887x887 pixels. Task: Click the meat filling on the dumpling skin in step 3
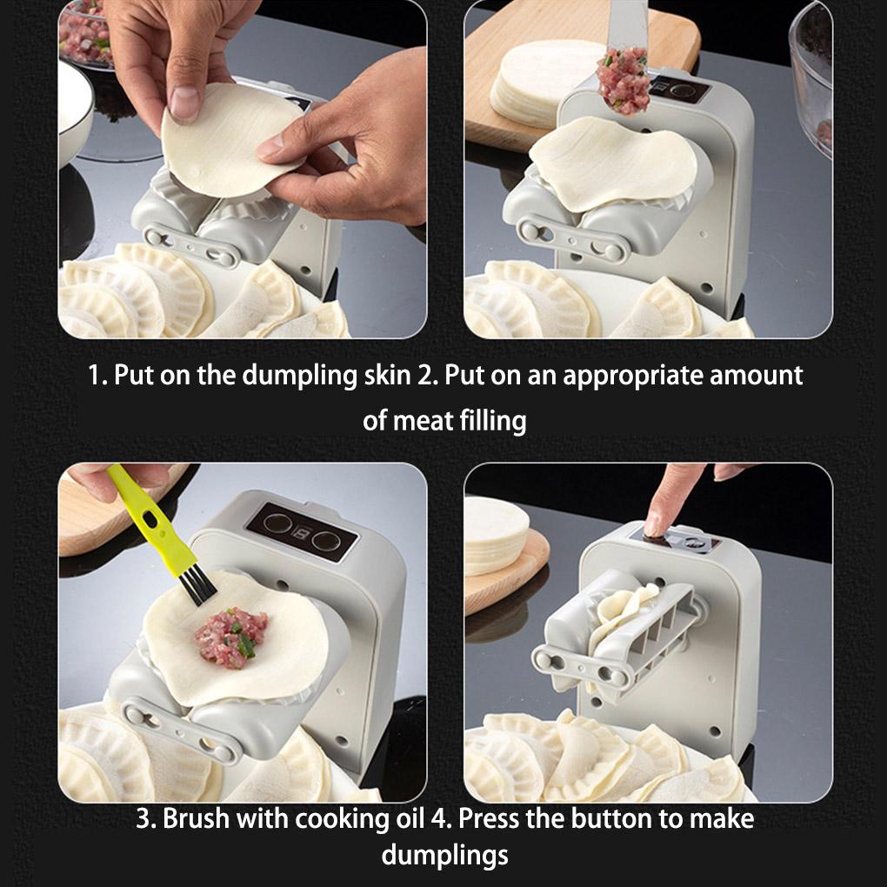[230, 637]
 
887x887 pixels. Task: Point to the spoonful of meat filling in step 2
[623, 80]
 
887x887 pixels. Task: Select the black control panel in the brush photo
[302, 531]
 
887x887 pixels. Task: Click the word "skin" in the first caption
[387, 375]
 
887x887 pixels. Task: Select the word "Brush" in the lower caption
[197, 818]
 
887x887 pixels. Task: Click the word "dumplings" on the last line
[444, 856]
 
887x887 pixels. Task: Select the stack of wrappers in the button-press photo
[496, 535]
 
